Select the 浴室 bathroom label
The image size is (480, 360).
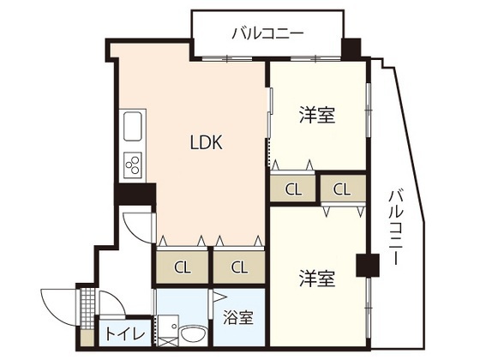(239, 318)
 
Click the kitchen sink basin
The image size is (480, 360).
(135, 131)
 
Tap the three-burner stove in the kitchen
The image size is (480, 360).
(135, 163)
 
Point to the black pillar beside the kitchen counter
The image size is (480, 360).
(136, 195)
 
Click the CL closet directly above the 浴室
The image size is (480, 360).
(239, 266)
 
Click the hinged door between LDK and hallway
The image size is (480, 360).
(137, 227)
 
